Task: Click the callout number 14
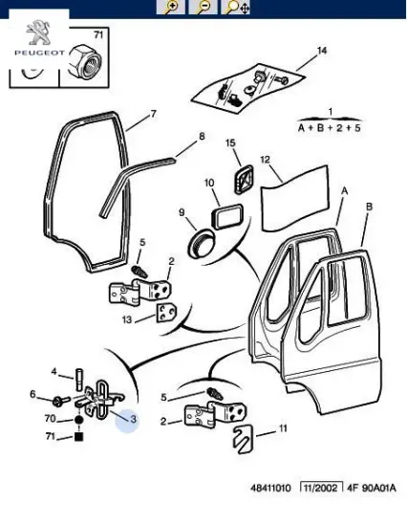(x=322, y=50)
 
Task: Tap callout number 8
(x=202, y=136)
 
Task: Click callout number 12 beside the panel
(x=266, y=160)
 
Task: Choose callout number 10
(x=208, y=182)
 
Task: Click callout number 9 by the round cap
(x=181, y=212)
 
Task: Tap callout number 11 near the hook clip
(x=283, y=428)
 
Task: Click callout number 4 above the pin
(x=54, y=372)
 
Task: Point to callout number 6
(x=32, y=394)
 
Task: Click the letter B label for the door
(x=369, y=206)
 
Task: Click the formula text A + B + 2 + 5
(x=330, y=126)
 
